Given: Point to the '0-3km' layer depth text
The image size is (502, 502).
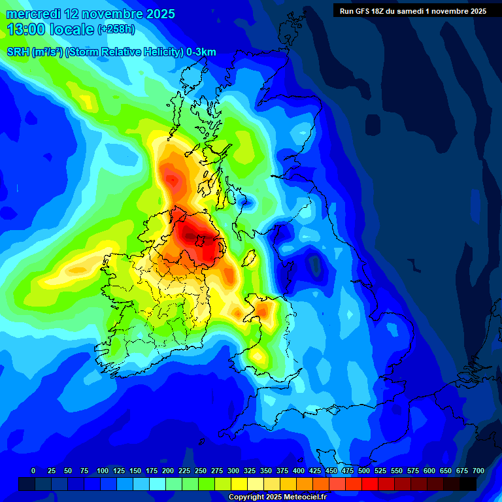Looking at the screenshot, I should coord(201,52).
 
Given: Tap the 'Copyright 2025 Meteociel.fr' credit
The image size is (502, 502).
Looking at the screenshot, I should coord(277,497).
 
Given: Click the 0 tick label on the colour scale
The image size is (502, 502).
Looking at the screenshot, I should coord(33,471).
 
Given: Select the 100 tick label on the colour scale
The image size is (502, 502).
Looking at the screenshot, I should coord(103,471).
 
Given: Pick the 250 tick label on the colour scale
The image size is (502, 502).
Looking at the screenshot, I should coord(201,471).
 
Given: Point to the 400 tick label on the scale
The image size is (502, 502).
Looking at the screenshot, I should coord(299,471).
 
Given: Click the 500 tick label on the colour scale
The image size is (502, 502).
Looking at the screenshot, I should coord(364,471).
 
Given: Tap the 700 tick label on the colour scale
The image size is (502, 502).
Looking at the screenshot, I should coord(478,471).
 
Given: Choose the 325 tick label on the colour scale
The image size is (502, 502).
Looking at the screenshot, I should coord(250,471).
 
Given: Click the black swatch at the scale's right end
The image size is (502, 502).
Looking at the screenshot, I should coord(468,484).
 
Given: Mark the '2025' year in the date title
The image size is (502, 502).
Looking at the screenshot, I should coord(159,14).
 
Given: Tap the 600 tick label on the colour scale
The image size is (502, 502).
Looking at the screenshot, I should coord(429,471).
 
